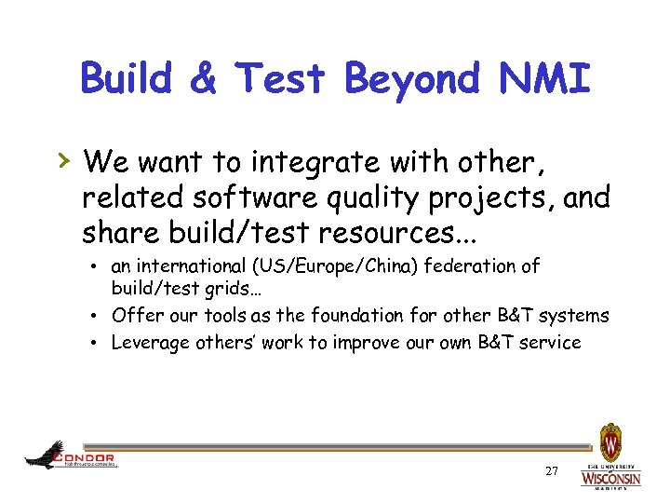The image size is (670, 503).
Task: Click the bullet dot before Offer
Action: pyautogui.click(x=98, y=316)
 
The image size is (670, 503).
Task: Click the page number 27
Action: pyautogui.click(x=552, y=472)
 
